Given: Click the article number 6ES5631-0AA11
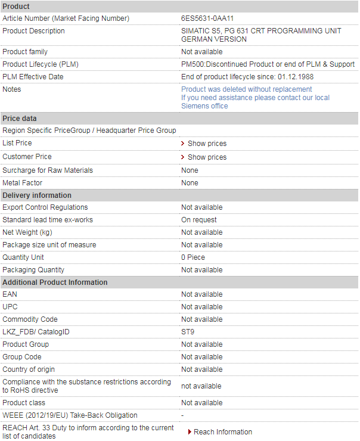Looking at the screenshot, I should (x=207, y=18).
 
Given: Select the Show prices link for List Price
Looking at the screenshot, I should (x=207, y=144).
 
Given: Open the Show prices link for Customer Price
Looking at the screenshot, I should (x=207, y=157).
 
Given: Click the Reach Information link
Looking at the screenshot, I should (x=222, y=432).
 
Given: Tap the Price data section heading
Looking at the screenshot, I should (x=20, y=119).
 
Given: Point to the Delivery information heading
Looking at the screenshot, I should (x=37, y=195).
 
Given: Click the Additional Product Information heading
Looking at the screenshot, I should (x=55, y=282).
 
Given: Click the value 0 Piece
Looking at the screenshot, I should (x=193, y=257).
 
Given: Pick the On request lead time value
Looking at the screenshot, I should (x=199, y=220).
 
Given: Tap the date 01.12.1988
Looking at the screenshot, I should (x=295, y=77).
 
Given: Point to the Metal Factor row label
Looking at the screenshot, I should (x=23, y=183).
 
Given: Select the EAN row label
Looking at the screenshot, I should (x=10, y=294).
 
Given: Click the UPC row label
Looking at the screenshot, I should (x=10, y=307).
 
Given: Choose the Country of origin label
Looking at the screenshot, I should (x=29, y=369).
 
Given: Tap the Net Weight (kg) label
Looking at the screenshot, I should (x=27, y=232).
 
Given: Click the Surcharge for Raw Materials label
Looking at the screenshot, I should (x=48, y=170).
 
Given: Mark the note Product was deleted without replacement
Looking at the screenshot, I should (x=246, y=89).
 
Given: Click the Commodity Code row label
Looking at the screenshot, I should (x=30, y=319).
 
